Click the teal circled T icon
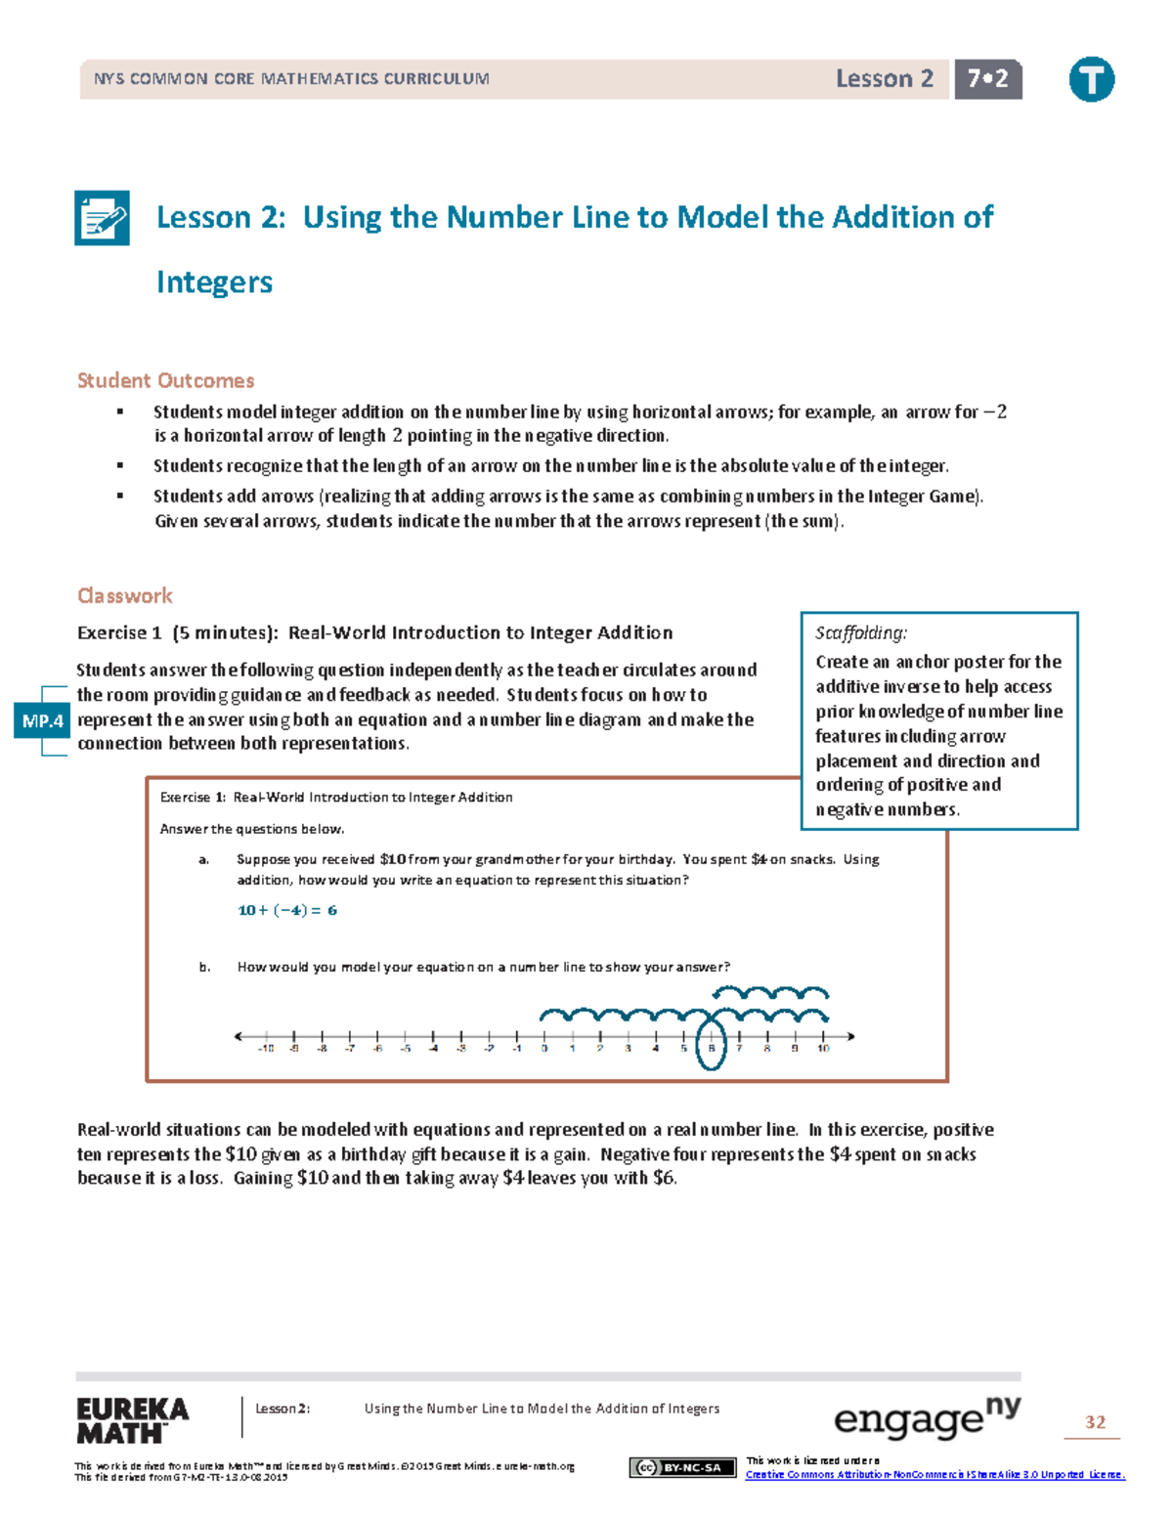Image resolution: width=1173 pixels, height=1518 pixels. [1091, 79]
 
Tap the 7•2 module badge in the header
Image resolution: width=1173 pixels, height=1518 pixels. [987, 79]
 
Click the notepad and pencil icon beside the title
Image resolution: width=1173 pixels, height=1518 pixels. [102, 218]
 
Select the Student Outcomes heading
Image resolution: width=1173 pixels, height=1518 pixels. [165, 380]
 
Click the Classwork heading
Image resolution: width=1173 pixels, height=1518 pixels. [124, 595]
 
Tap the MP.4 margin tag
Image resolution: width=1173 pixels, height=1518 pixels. [42, 721]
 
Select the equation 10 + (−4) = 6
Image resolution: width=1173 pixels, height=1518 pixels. [287, 910]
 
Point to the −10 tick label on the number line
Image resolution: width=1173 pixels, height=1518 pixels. [265, 1049]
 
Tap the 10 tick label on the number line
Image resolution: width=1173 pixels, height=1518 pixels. [824, 1049]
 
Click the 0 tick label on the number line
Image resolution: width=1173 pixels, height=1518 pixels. [544, 1049]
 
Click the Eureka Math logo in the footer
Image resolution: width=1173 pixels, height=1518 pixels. [132, 1420]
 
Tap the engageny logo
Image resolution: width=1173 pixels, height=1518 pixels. [926, 1418]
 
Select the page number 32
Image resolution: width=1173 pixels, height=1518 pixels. [1095, 1422]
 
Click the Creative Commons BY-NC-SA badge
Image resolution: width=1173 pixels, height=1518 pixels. [682, 1467]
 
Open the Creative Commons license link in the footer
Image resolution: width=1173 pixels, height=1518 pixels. [934, 1474]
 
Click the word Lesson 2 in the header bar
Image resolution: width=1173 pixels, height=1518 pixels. [884, 79]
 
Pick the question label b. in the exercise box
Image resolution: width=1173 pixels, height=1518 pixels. [204, 967]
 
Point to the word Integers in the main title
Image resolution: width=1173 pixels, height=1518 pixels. [214, 282]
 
